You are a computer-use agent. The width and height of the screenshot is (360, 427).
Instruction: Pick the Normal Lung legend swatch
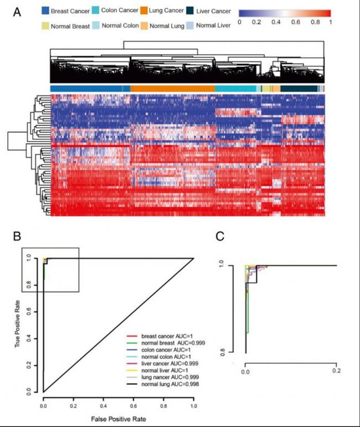point(145,26)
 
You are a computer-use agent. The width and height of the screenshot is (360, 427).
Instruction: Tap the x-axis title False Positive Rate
point(118,419)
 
